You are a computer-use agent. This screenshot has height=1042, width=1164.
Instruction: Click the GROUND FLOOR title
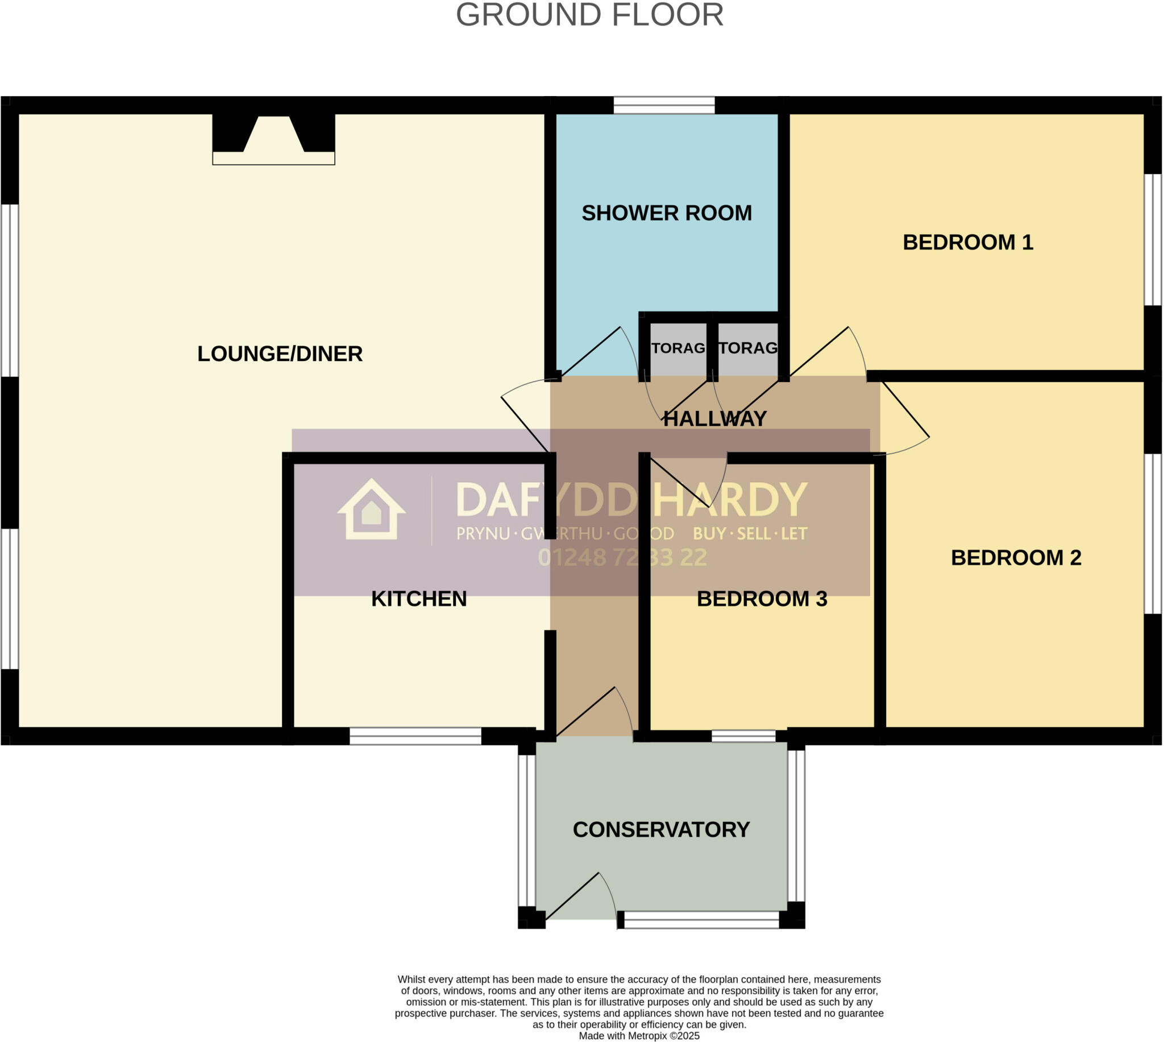(589, 15)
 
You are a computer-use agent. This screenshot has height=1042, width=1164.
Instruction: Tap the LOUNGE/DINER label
(280, 354)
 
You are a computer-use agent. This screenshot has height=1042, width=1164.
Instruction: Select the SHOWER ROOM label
(667, 213)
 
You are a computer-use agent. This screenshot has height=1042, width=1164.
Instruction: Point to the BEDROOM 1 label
(968, 242)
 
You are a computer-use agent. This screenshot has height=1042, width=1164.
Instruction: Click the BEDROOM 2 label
(1016, 558)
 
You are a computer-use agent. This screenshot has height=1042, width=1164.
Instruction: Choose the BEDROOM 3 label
(762, 599)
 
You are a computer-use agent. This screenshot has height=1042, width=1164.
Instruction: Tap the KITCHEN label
(419, 599)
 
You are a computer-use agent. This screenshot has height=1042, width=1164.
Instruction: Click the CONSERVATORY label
(661, 829)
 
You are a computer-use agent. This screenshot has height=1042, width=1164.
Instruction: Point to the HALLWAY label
(715, 419)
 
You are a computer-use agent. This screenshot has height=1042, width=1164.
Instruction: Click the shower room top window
(664, 105)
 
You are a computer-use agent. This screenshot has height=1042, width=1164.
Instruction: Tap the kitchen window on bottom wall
(415, 736)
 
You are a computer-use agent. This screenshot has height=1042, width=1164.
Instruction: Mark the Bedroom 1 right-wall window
(1153, 240)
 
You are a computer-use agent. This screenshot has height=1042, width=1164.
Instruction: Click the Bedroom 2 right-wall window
(1153, 534)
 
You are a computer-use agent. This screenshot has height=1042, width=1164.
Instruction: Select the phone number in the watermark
(622, 558)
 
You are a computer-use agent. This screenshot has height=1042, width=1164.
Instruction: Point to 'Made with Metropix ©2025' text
(639, 1036)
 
